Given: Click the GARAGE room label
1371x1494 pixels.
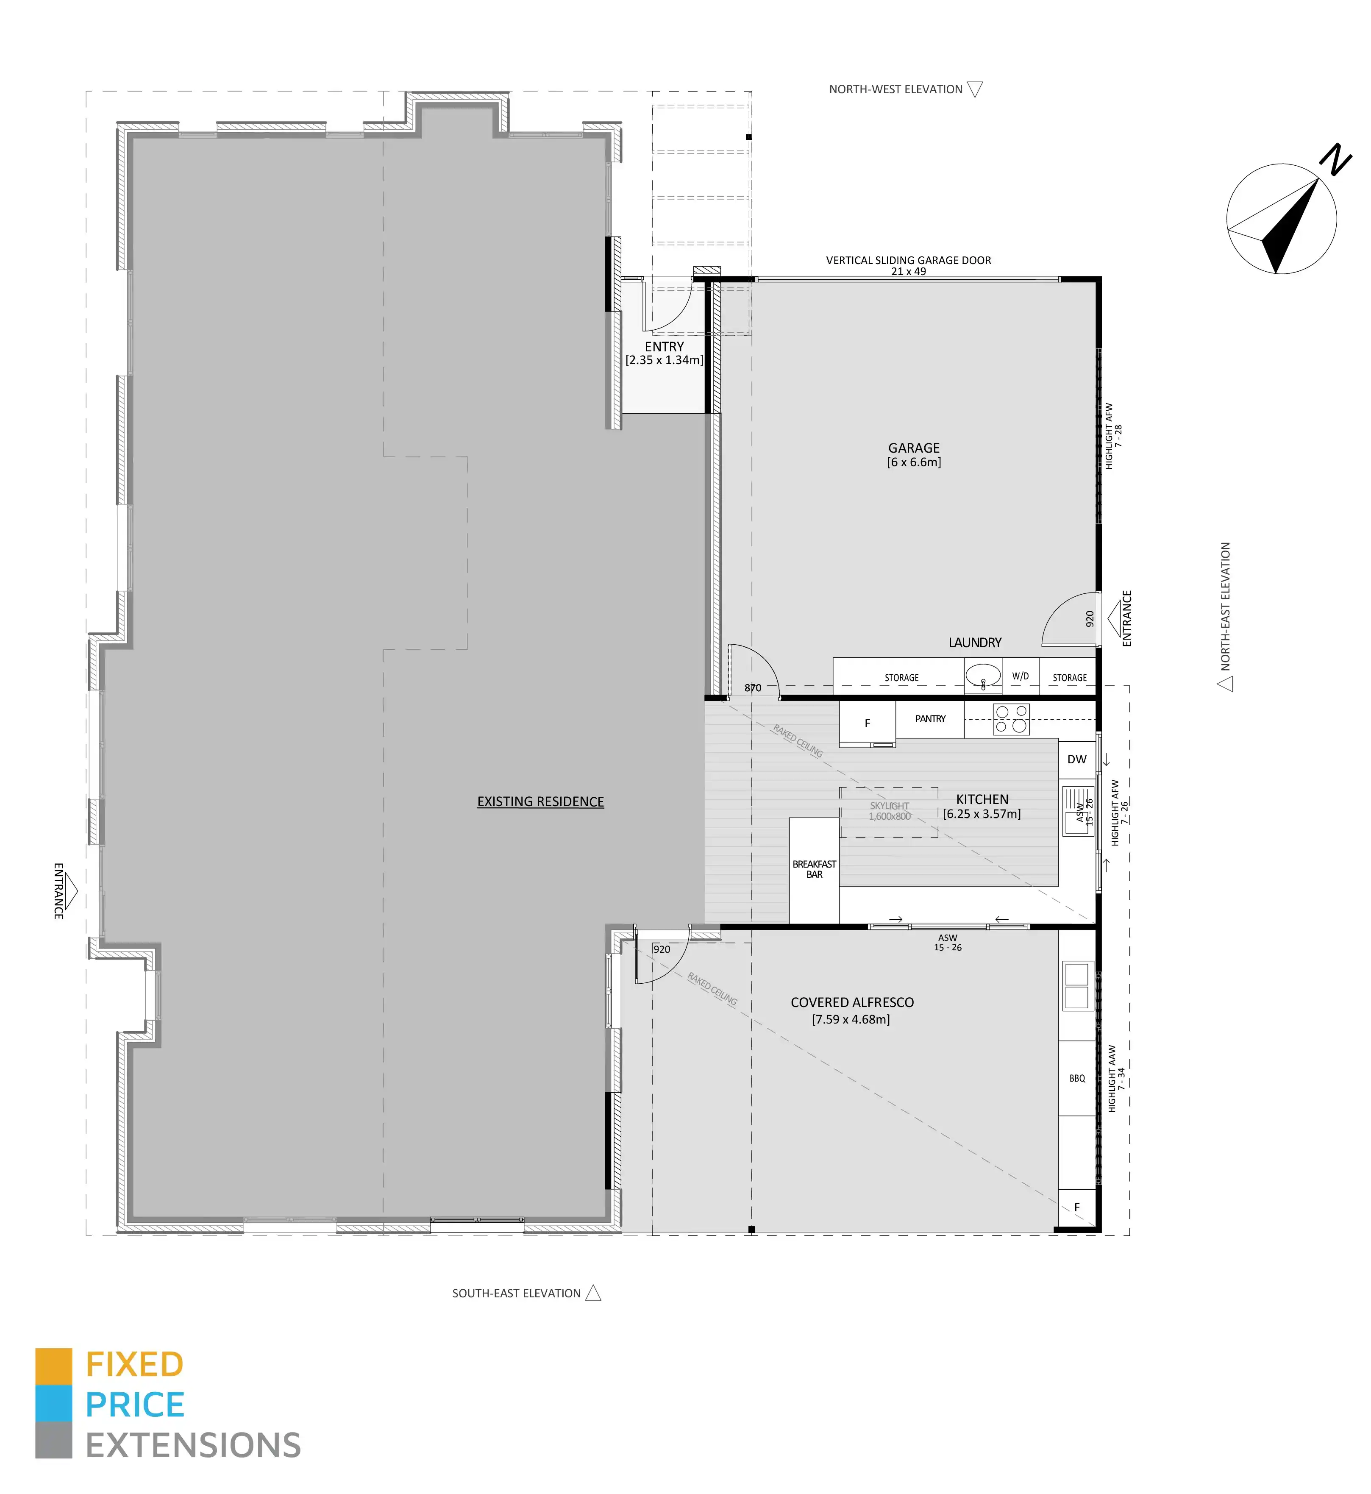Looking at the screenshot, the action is pos(914,448).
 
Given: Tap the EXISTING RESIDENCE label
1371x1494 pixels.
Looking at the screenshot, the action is pos(540,802).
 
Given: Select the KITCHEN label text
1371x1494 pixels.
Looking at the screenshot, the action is pos(982,799).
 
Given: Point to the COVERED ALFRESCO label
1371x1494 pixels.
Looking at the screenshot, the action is pos(852,1002).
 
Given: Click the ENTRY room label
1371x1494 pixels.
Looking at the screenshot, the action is pos(664,346).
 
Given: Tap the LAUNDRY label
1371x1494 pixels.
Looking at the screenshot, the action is pos(975,643).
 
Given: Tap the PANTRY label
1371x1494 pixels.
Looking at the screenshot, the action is pos(930,719).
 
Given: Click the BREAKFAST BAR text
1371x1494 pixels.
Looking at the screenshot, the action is pos(814,869).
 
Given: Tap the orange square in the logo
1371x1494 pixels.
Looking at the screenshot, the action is pos(53,1366).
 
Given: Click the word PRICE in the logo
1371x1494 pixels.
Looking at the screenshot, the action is pos(135,1405).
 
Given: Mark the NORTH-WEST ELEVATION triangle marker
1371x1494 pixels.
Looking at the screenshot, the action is pos(976,89).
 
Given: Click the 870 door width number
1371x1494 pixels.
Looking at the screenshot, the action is pos(753,687).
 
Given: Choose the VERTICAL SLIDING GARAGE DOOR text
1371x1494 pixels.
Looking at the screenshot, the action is pos(909,260).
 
